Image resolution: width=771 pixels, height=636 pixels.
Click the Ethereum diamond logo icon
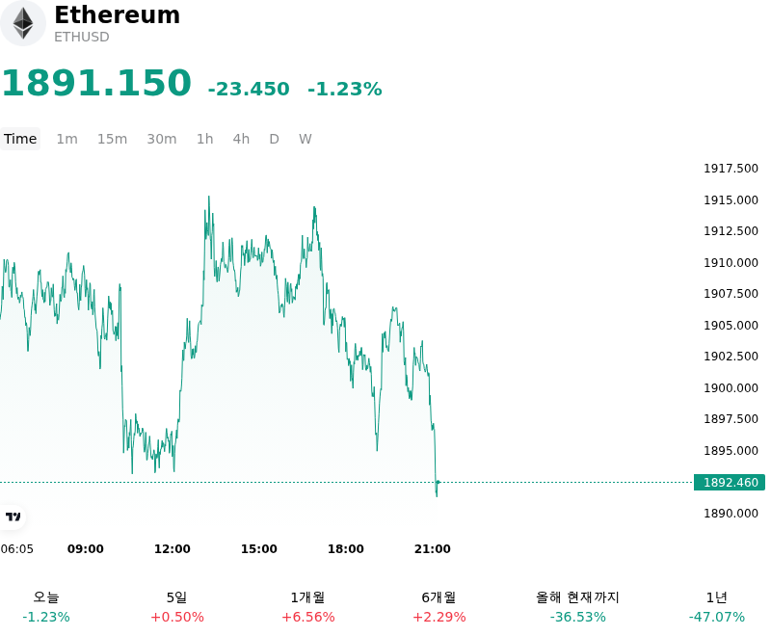point(22,23)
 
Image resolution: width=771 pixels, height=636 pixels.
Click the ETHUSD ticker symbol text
point(82,37)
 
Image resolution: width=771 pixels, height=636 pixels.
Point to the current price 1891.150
point(96,83)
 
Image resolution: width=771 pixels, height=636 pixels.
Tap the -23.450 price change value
point(249,89)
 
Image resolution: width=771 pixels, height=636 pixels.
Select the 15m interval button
point(112,139)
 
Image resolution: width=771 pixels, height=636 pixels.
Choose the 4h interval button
point(241,139)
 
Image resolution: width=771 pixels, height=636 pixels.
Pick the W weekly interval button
point(305,139)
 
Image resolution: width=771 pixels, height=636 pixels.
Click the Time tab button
point(20,139)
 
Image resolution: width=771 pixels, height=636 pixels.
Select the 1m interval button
point(66,139)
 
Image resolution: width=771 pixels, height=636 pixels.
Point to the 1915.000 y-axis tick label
point(731,200)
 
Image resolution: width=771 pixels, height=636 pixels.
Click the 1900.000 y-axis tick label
point(731,387)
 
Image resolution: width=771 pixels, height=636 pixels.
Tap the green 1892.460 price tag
point(730,482)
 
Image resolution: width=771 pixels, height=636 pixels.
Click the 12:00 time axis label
point(173,549)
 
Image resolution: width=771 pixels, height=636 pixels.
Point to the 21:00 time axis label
point(432,549)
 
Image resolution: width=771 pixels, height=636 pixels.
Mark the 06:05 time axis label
point(17,549)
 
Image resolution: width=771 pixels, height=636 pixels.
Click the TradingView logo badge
point(13,517)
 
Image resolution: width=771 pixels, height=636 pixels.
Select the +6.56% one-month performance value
point(308,617)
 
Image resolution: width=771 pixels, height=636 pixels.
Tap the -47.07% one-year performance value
point(717,617)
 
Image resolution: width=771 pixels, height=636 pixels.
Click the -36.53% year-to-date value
point(577,617)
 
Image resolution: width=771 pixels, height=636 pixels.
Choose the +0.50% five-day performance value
point(177,617)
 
